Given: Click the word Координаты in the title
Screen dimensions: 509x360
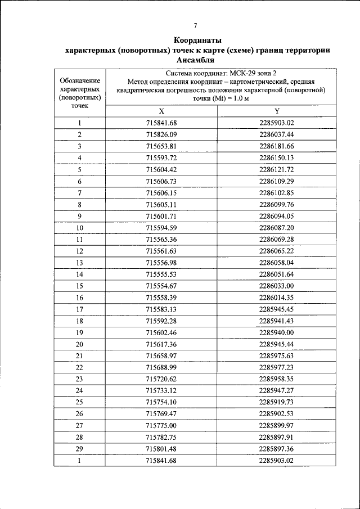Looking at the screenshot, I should click(197, 40).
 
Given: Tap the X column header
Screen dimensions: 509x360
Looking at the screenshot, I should click(161, 111).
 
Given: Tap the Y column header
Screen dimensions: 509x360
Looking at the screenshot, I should click(277, 111).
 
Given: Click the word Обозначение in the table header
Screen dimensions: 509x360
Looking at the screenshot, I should click(80, 80).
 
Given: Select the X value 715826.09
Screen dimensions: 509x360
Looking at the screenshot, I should click(161, 134).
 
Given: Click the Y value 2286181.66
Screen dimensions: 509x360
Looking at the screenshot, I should click(277, 146).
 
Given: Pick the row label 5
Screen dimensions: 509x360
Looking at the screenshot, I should click(80, 169).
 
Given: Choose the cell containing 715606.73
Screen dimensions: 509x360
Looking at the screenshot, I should click(161, 181).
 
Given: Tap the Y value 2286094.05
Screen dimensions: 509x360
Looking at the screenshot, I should click(277, 216).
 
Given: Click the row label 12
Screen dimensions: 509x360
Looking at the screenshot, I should click(80, 251).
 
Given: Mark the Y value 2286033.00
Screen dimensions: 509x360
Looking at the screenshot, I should click(277, 286).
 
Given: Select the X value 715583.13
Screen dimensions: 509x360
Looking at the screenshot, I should click(161, 309).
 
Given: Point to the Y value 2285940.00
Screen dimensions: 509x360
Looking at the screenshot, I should click(277, 332).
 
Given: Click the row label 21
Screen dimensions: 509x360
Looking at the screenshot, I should click(80, 356).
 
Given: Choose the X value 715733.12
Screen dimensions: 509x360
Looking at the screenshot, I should click(161, 391).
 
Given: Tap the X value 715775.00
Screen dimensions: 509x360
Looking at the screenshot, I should click(161, 426).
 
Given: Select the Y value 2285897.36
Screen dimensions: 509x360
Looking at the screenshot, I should click(277, 449).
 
